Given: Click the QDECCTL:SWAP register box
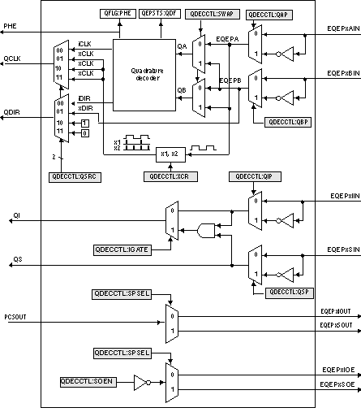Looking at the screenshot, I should coord(211,14).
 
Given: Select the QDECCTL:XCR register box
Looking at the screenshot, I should coord(168,176).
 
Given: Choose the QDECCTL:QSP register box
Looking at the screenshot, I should coord(289,291).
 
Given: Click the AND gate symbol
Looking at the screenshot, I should coord(208,231).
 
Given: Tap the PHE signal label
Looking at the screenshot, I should coord(10,27).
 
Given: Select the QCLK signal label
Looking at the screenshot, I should coord(11,59).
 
